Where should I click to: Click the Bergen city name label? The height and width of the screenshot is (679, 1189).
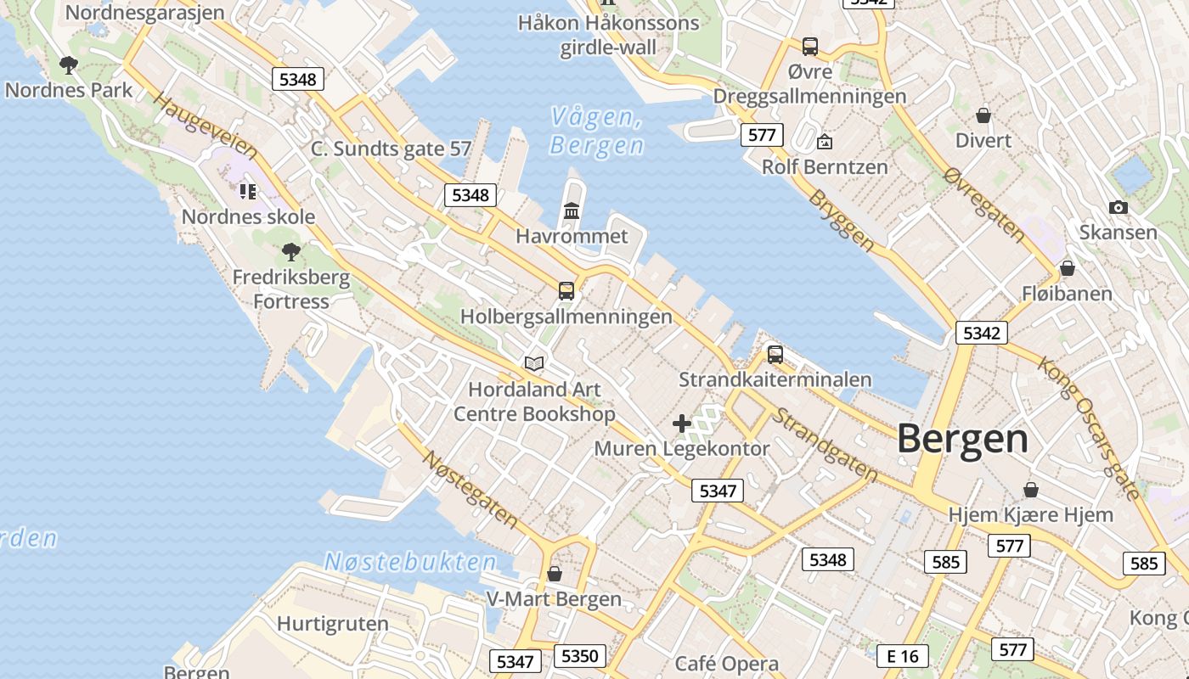coord(962,439)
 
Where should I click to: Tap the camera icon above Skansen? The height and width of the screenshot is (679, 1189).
coord(1119,207)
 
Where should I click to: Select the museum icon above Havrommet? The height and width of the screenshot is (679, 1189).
coord(572,210)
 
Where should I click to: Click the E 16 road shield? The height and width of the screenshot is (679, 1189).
coord(902,656)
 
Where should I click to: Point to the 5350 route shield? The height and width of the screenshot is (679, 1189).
coord(581,656)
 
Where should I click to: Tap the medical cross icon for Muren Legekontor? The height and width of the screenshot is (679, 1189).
coord(681,423)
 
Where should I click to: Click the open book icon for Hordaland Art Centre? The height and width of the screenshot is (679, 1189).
coord(533,364)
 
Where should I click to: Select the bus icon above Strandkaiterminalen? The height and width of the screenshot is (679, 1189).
coord(775,354)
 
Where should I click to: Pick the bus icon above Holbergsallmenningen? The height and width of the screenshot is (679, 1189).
coord(566,290)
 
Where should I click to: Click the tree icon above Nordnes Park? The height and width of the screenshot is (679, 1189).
coord(69,65)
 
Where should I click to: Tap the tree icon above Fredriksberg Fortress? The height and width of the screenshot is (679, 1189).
coord(291,251)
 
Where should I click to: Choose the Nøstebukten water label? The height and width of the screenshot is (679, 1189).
coord(410,562)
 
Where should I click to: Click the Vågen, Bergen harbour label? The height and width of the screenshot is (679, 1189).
coord(596,131)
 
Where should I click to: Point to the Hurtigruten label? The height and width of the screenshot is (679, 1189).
coord(332,623)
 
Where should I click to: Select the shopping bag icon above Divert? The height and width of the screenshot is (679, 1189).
coord(983,115)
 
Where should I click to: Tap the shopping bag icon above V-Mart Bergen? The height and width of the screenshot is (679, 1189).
coord(554,574)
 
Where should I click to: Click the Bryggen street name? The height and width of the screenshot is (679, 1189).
coord(841,220)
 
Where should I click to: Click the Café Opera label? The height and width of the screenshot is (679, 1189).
coord(726,664)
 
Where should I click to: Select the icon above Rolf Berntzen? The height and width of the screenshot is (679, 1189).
coord(824,142)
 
